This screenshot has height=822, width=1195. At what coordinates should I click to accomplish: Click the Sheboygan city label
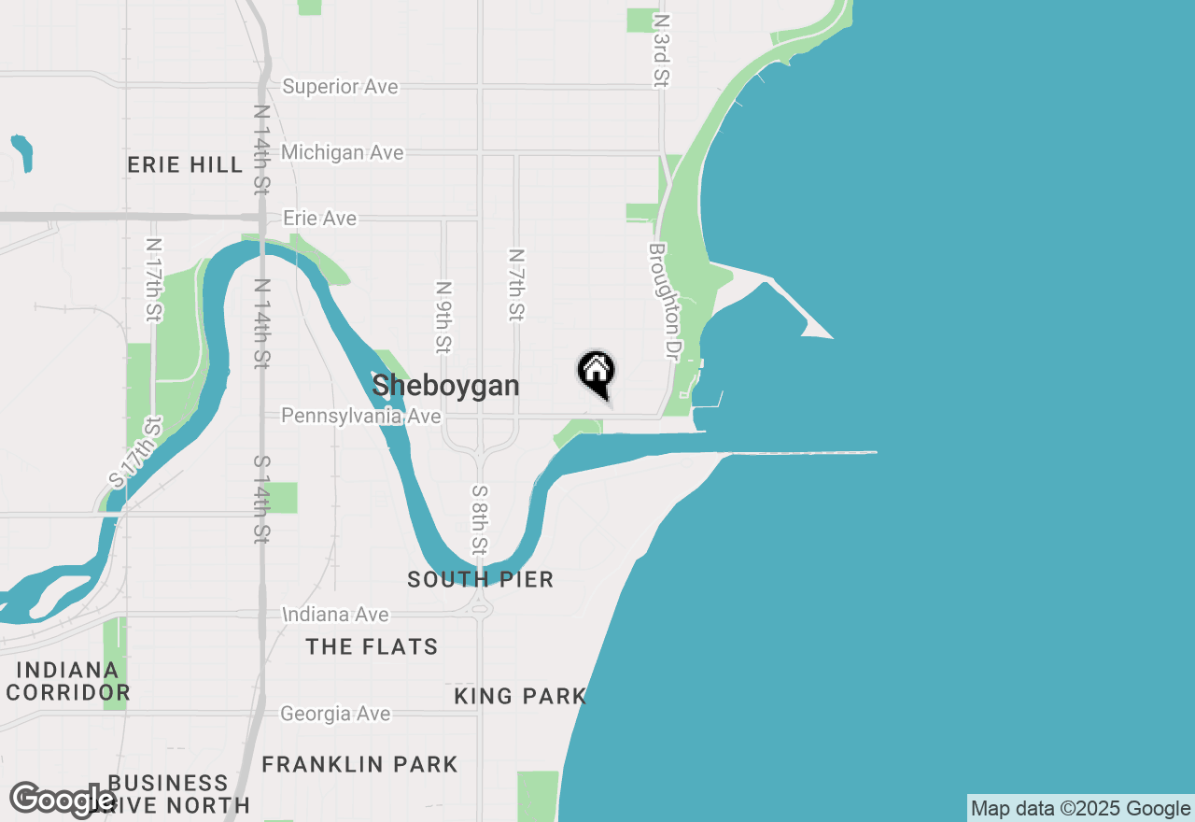[445, 385]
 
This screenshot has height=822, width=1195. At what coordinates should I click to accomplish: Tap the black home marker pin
[596, 373]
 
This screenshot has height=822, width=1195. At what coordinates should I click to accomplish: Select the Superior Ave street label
[340, 87]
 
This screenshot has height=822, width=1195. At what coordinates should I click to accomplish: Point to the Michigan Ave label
[342, 152]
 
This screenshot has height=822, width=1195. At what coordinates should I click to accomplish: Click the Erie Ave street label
[319, 219]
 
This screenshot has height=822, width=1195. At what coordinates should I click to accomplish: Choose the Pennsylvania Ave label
[360, 416]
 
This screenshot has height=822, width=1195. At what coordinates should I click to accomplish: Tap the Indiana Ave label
[336, 615]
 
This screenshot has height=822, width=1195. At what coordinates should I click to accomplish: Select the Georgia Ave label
[335, 714]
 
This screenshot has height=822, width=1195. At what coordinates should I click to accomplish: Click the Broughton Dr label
[663, 302]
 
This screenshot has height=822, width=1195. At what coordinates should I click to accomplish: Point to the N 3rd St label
[662, 50]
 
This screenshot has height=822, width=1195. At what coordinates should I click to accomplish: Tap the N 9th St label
[443, 318]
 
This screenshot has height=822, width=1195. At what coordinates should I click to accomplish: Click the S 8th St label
[480, 519]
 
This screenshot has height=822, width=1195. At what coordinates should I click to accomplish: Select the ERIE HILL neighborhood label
[185, 165]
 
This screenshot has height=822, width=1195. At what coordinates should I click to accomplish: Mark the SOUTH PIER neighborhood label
[481, 580]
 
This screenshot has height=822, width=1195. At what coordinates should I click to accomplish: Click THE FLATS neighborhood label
[372, 646]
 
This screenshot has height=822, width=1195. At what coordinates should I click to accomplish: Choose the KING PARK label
[520, 696]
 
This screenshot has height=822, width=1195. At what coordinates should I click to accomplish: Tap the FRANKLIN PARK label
[359, 764]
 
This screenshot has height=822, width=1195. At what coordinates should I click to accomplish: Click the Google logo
[63, 800]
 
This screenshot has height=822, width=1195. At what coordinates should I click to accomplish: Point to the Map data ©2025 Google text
[1080, 809]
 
